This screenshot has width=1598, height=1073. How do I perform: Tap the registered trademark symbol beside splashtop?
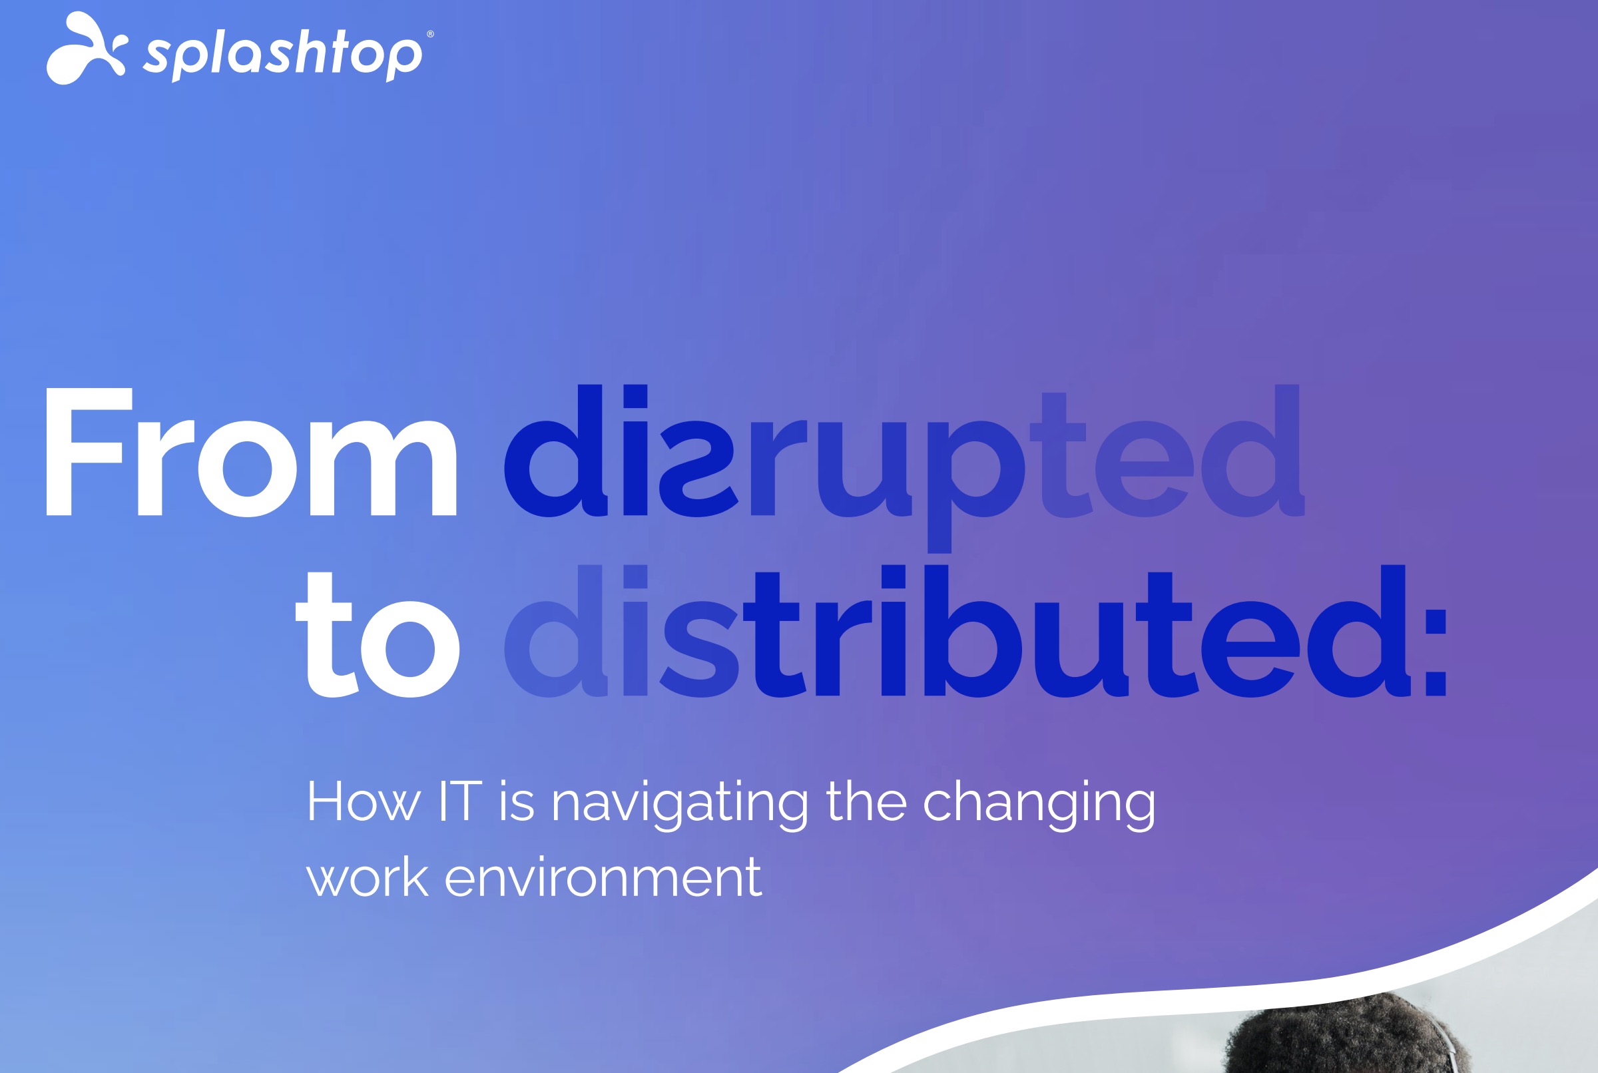click(429, 34)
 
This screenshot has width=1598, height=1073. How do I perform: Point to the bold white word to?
click(377, 636)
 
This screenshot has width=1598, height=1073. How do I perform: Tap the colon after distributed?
click(1435, 654)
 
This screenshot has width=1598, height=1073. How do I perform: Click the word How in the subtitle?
click(363, 802)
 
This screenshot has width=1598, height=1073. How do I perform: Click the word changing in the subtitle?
click(1039, 805)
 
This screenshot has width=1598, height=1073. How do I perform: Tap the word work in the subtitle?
click(367, 878)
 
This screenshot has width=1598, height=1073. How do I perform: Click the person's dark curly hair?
click(1342, 1037)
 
